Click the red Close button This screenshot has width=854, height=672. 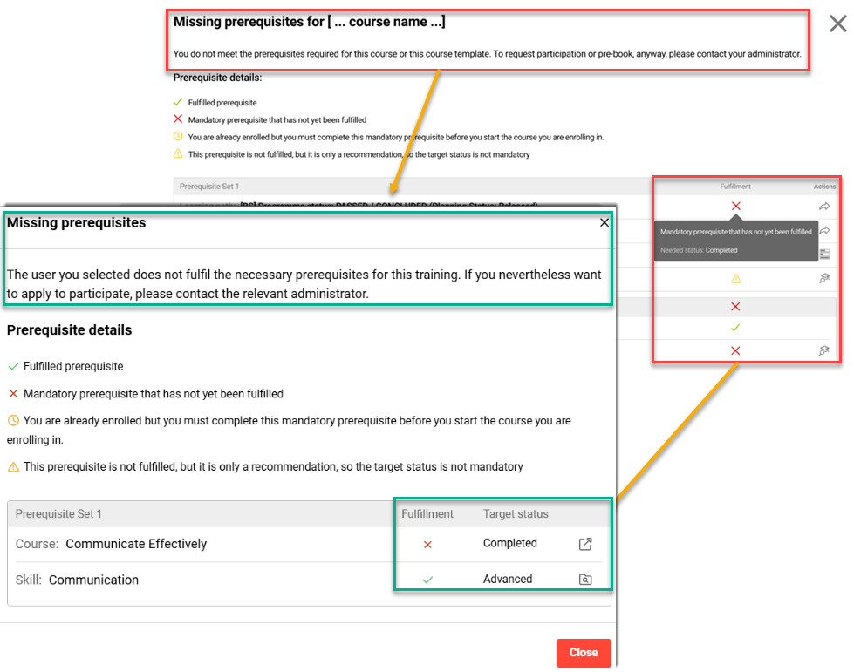coord(584,653)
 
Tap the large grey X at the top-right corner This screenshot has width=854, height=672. coord(837,24)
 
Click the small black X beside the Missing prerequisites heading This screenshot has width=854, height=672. coord(605,223)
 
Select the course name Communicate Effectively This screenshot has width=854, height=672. coord(136,544)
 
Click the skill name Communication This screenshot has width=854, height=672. coord(93,580)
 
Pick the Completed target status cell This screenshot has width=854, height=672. coord(510,543)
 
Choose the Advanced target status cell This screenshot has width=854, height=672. coord(508,579)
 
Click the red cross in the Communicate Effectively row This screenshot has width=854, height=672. coord(427,545)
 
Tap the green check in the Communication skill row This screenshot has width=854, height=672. coord(427,579)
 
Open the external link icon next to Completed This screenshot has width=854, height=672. coord(585,544)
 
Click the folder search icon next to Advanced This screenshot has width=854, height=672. coord(585,580)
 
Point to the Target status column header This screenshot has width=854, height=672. coord(516,514)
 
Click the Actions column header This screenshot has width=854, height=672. coord(824,187)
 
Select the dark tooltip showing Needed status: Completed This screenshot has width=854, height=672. coord(734,241)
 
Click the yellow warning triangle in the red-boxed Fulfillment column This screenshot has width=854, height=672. coord(735,279)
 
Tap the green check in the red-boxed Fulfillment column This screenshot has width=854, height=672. coord(735,328)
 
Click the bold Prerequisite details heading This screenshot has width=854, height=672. coord(70,330)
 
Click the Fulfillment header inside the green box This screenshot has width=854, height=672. coord(427,514)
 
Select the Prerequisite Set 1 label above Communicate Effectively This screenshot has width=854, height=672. coord(58,514)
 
